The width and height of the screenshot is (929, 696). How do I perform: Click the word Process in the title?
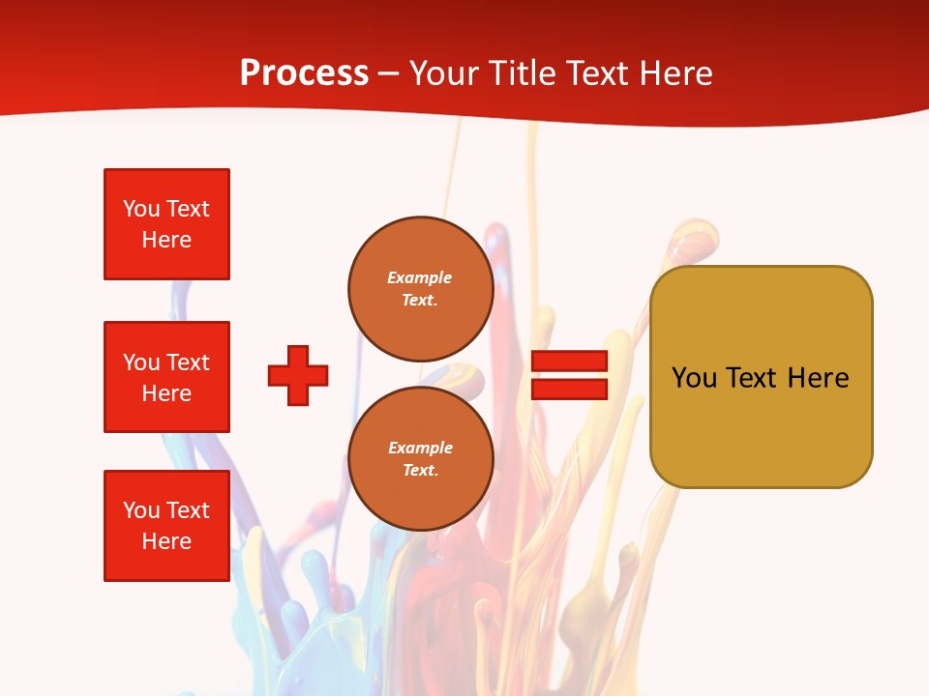304,73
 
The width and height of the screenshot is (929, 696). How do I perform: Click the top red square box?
166,224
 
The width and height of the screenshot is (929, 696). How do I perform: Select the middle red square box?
166,377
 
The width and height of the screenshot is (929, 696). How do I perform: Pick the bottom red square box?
166,526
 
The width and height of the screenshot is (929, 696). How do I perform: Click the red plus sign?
298,375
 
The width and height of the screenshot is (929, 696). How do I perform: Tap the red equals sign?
569,375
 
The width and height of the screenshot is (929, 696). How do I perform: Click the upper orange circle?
421,288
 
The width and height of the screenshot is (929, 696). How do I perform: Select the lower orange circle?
421,458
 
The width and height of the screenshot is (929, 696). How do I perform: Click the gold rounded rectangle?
761,377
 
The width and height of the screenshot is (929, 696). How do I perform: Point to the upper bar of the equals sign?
569,362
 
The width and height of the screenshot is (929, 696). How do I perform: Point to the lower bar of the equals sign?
569,389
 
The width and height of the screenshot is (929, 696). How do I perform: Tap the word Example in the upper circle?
420,277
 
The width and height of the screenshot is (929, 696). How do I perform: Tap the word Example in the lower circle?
420,448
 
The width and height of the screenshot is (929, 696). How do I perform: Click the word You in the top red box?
141,209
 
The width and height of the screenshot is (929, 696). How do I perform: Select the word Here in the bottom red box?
166,541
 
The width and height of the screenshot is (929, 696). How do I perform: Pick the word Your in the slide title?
444,73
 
